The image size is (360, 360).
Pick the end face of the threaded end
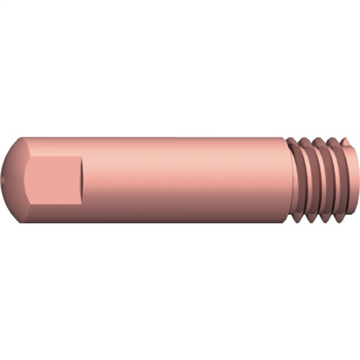(348, 180)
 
